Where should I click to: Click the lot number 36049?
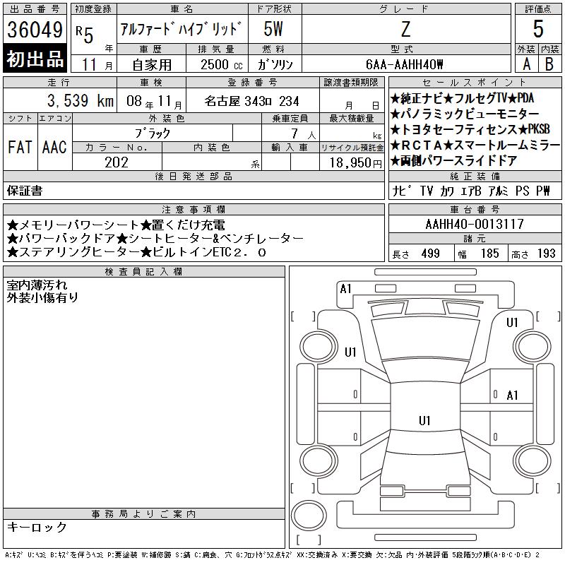(35, 30)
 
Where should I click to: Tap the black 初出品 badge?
(35, 59)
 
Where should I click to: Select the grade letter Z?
(405, 29)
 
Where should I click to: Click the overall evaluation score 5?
(538, 29)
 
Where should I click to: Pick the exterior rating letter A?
(526, 64)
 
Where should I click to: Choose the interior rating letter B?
(549, 64)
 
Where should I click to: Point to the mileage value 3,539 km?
(81, 101)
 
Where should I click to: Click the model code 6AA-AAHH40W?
(404, 64)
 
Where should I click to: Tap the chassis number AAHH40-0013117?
(475, 224)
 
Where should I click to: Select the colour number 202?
(117, 162)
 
